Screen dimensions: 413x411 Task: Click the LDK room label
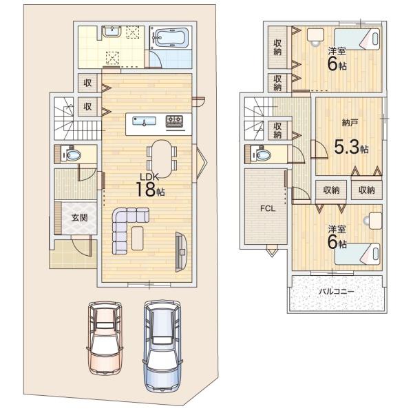[149, 177]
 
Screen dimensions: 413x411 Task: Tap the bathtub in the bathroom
[170, 37]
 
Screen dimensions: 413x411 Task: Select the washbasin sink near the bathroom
[112, 32]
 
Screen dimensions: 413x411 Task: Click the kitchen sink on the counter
[144, 121]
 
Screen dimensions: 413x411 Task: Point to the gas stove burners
[174, 121]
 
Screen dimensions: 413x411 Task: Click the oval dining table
[162, 159]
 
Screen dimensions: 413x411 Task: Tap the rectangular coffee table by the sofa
[138, 238]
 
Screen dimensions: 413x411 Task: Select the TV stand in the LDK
[181, 252]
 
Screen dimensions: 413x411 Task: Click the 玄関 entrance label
[79, 218]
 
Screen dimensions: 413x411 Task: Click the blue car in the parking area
[162, 346]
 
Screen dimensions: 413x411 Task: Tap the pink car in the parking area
[105, 339]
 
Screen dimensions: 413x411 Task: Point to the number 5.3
[347, 147]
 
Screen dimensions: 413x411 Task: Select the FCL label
[268, 209]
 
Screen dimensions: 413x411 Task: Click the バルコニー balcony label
[337, 292]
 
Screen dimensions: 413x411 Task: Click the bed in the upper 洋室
[357, 39]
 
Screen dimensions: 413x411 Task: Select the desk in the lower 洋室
[376, 221]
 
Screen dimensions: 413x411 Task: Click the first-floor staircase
[77, 119]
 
